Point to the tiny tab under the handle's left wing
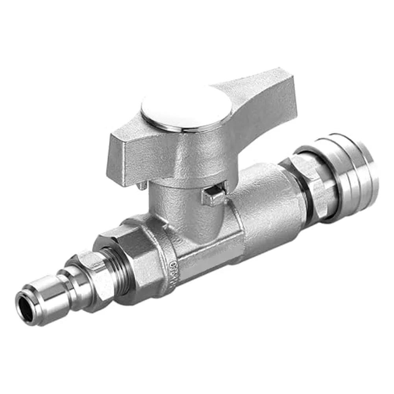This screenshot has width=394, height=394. coord(142,185)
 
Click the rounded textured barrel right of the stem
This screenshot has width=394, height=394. coord(268,209)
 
